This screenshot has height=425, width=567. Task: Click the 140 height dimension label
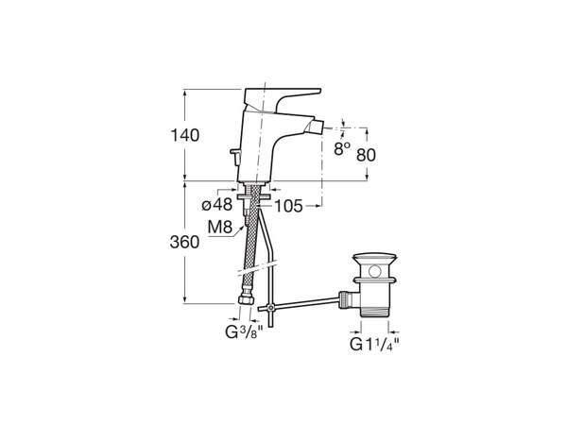(185, 135)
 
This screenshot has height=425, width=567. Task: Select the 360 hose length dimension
(184, 242)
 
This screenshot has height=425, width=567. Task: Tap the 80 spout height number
(366, 155)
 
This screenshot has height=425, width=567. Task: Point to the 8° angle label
(342, 148)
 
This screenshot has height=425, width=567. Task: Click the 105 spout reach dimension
(288, 206)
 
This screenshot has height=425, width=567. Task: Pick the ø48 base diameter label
(217, 205)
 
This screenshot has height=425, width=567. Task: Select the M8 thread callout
(219, 228)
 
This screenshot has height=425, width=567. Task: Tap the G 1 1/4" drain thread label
(374, 344)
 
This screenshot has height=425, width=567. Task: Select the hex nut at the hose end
(247, 299)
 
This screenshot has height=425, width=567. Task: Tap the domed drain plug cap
(375, 257)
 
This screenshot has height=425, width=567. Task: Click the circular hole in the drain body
(375, 270)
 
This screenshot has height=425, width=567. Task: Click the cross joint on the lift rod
(270, 308)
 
